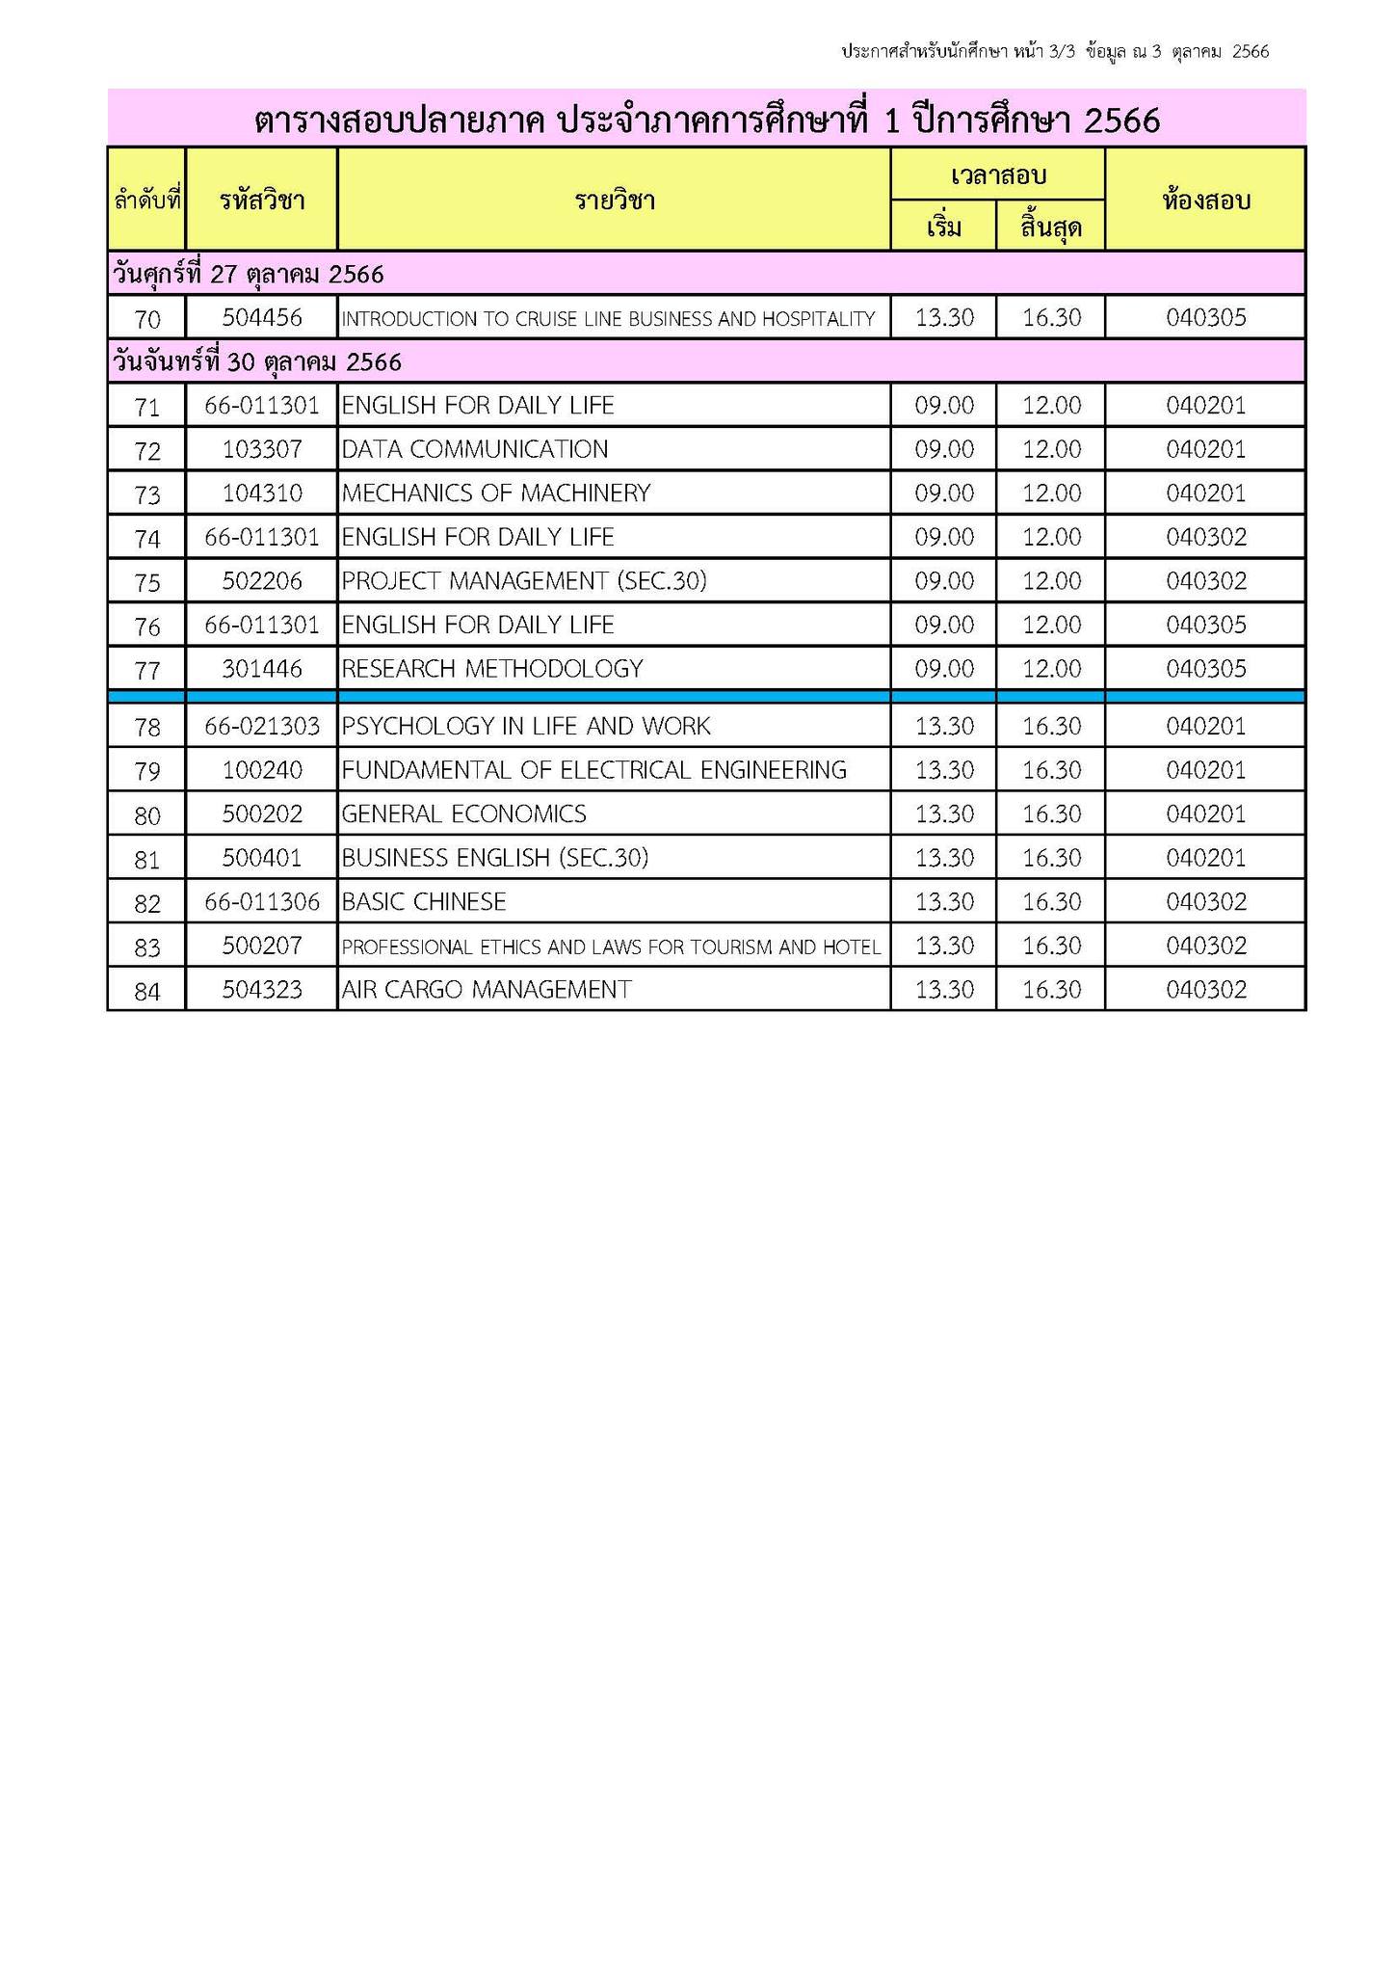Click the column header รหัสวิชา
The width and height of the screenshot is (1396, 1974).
point(261,200)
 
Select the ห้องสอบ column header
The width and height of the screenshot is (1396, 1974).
point(1205,200)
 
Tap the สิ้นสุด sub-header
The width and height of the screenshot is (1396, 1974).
point(1050,228)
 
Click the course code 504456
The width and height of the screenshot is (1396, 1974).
point(261,317)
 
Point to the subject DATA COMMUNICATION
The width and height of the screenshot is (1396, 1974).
point(475,449)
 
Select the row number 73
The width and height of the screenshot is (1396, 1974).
point(146,494)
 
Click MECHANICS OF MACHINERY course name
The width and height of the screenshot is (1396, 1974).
point(496,493)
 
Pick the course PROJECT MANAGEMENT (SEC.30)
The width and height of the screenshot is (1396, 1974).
point(524,581)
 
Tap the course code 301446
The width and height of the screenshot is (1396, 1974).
point(261,669)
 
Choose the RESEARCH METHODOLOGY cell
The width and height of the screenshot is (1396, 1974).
point(492,669)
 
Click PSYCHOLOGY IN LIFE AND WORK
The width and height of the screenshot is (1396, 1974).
point(526,726)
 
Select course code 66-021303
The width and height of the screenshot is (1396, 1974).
point(261,726)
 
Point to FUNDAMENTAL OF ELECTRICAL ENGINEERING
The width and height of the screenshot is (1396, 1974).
point(594,770)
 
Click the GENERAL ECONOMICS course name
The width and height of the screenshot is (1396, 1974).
point(463,814)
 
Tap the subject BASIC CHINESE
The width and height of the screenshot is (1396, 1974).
point(424,902)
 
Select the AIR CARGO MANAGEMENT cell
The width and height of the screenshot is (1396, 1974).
point(487,990)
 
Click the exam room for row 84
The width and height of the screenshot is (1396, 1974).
point(1205,990)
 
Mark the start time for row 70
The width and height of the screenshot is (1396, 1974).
point(944,317)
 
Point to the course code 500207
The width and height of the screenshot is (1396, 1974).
point(261,947)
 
